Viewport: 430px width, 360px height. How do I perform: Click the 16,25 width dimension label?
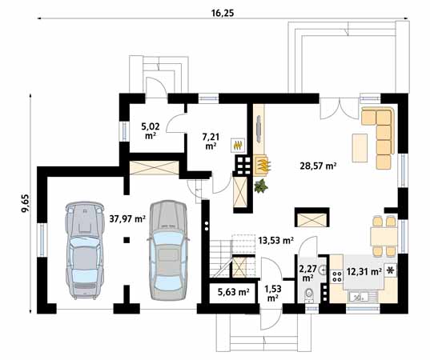223,13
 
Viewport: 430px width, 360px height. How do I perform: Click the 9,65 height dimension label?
25,203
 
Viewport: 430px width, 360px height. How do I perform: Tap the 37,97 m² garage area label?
127,218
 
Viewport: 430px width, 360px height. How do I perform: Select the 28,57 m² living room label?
318,166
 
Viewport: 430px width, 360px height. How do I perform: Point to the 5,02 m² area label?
151,130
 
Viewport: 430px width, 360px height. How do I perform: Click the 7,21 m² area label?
211,141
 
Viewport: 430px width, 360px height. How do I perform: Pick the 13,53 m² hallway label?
276,240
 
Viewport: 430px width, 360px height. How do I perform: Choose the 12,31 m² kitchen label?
364,271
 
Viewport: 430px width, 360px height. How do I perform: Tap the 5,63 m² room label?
233,292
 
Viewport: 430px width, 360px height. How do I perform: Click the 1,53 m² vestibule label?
273,293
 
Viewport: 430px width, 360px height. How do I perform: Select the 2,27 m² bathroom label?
307,273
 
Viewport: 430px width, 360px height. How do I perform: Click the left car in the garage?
85,250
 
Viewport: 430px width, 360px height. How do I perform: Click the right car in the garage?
168,250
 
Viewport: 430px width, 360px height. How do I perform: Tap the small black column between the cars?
127,240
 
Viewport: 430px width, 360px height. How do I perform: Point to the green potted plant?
261,186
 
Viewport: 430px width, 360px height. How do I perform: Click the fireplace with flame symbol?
263,165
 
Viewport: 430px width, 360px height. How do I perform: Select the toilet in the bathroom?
309,294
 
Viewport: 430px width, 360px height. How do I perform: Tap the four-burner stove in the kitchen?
337,276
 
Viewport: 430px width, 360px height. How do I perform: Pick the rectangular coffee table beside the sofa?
360,148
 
